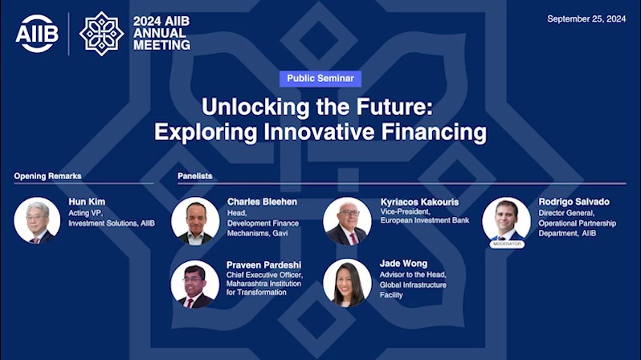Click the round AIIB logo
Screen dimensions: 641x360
point(37,34)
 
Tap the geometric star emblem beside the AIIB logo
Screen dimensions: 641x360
point(101,34)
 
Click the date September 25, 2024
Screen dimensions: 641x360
point(586,18)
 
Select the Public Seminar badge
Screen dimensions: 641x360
point(320,79)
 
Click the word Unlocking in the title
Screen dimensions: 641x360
point(255,107)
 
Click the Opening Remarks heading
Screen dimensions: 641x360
point(48,176)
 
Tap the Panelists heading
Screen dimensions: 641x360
point(194,176)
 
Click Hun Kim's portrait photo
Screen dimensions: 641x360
point(37,220)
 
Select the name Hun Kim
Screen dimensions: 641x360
point(87,202)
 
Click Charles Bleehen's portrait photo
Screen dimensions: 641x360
point(195,221)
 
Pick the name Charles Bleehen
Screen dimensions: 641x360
point(262,202)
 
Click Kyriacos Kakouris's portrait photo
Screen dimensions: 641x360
point(348,221)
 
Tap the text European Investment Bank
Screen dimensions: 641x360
point(425,220)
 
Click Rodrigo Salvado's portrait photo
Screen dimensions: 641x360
point(507,220)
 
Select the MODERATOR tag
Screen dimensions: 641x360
point(507,243)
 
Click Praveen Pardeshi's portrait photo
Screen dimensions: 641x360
point(194,284)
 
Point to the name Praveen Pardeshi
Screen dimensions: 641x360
point(263,265)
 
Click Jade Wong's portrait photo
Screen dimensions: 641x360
point(348,283)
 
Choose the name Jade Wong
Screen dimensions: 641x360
point(403,264)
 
